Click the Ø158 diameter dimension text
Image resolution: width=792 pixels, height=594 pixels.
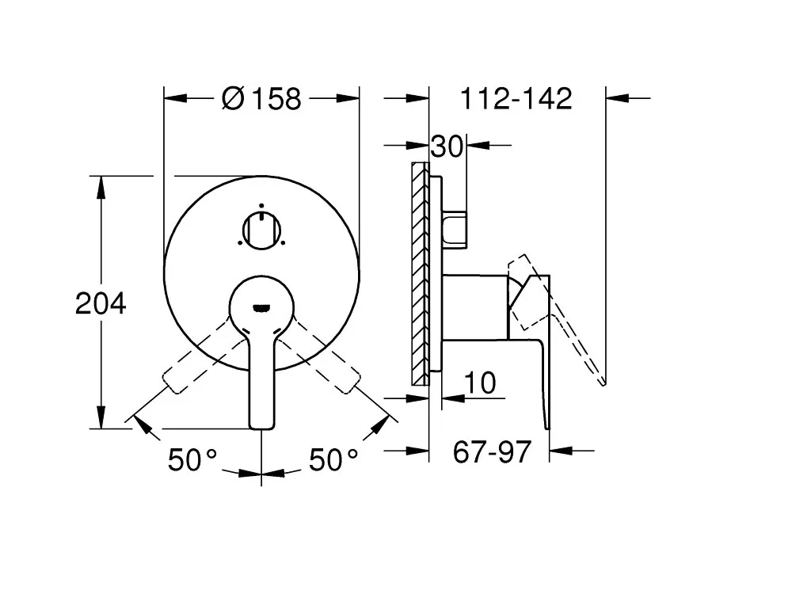(261, 98)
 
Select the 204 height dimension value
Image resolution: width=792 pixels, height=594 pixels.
(101, 303)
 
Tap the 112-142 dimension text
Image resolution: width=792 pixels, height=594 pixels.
(516, 98)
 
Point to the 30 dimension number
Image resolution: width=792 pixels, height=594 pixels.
(447, 147)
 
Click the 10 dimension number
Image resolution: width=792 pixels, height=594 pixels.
(480, 383)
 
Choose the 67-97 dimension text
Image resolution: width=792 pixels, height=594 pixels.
(492, 451)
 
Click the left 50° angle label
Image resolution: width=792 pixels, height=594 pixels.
(192, 460)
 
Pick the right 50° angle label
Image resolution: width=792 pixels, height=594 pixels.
(333, 460)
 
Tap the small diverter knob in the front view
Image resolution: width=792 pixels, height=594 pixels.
(261, 230)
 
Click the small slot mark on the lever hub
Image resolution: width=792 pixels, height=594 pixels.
(261, 307)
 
